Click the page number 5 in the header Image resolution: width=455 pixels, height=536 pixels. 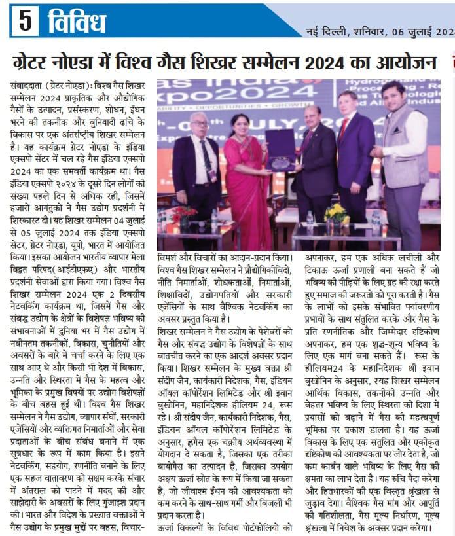pyautogui.click(x=25, y=22)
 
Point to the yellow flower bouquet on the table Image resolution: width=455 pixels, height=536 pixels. pyautogui.click(x=337, y=214)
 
